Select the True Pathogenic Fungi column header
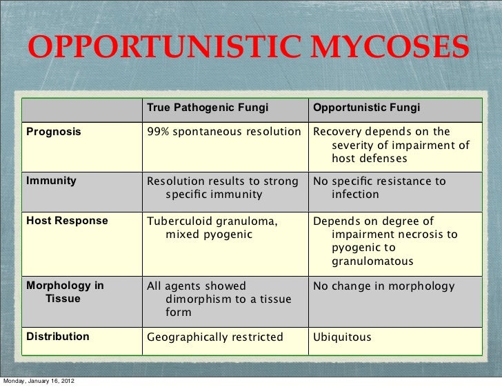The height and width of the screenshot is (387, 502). tap(207, 108)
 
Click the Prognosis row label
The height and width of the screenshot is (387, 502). tap(54, 132)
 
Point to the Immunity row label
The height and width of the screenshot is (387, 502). tap(52, 181)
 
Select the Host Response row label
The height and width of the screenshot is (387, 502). tap(68, 221)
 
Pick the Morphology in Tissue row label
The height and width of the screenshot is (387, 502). tap(65, 292)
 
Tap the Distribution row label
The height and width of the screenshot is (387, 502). tap(58, 337)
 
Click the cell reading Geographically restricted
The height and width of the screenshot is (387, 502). tap(215, 337)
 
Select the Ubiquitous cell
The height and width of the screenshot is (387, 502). tap(343, 337)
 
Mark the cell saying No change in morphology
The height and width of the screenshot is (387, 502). tap(384, 286)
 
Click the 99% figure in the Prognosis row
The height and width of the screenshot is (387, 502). tap(158, 132)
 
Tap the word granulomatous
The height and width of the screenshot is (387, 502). tap(372, 261)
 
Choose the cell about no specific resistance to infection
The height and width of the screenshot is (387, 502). tap(380, 188)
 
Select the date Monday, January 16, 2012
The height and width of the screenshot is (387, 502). tap(39, 381)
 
